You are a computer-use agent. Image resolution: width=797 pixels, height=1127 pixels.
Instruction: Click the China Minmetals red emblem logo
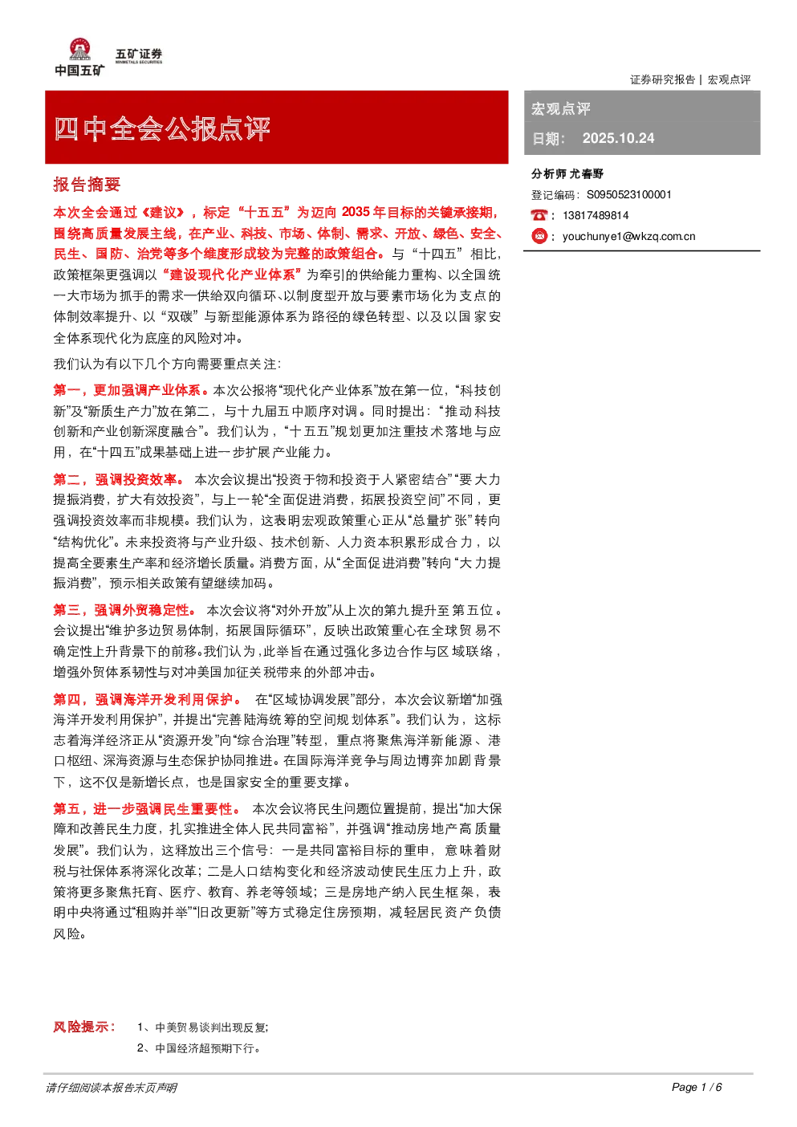point(79,49)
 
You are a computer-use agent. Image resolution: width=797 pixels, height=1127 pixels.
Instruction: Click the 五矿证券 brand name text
point(139,54)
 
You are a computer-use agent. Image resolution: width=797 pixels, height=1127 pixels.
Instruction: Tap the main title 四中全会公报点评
point(162,128)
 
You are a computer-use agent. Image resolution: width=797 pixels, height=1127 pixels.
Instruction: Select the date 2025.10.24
point(618,138)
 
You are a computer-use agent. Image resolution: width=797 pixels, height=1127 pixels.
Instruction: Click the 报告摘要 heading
point(87,185)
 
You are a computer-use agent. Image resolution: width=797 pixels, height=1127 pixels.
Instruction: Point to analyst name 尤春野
point(586,174)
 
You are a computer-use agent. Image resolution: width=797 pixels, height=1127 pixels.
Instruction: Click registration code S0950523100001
point(629,195)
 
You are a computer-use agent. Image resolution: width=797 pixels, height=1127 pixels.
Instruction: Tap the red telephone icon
point(539,215)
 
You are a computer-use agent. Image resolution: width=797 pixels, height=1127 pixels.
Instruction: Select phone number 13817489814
point(596,216)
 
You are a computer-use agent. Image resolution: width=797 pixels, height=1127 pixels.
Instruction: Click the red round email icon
point(539,236)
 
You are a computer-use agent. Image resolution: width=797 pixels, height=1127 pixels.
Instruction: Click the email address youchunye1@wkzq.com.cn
point(629,237)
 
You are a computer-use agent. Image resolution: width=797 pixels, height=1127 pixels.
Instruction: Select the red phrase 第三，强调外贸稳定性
point(124,610)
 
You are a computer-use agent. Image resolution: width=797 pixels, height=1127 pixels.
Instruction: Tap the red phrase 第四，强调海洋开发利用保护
point(147,699)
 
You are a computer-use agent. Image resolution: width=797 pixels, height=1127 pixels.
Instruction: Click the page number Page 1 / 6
point(697,1087)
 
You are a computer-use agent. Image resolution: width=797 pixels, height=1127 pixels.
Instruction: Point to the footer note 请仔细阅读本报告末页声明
point(112,1088)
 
